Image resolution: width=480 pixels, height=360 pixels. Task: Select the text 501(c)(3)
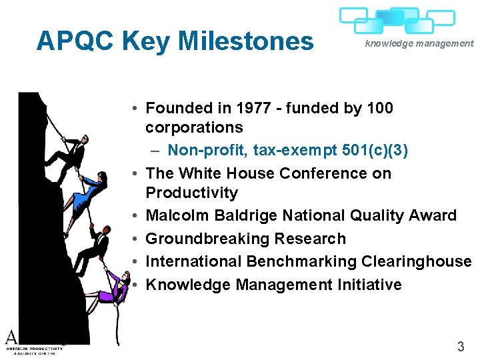click(376, 151)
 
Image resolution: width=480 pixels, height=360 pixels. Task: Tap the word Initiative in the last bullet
click(368, 285)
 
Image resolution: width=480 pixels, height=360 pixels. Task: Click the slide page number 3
click(460, 346)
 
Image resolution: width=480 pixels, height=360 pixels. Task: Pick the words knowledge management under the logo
click(419, 43)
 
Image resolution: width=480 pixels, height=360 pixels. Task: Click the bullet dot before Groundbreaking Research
click(135, 239)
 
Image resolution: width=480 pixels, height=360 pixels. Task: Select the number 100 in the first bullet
click(380, 108)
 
